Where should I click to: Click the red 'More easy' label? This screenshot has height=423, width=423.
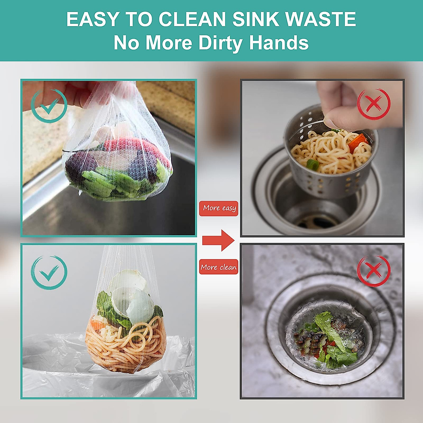click(x=219, y=208)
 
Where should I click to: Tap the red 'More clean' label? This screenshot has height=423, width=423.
click(x=219, y=267)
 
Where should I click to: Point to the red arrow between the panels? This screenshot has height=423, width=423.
click(x=218, y=240)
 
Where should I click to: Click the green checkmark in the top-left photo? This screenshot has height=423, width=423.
click(x=49, y=105)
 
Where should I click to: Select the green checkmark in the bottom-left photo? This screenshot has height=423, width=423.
click(x=49, y=272)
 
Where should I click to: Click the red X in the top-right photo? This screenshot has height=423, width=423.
click(x=374, y=104)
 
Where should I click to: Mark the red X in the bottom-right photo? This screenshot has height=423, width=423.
click(x=374, y=271)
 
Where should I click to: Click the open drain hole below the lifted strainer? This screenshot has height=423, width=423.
click(x=317, y=220)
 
